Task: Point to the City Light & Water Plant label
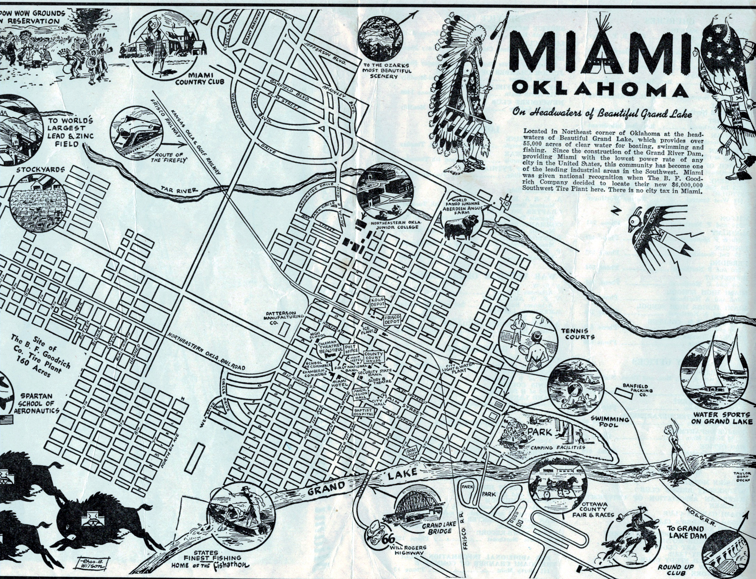[462, 368]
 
